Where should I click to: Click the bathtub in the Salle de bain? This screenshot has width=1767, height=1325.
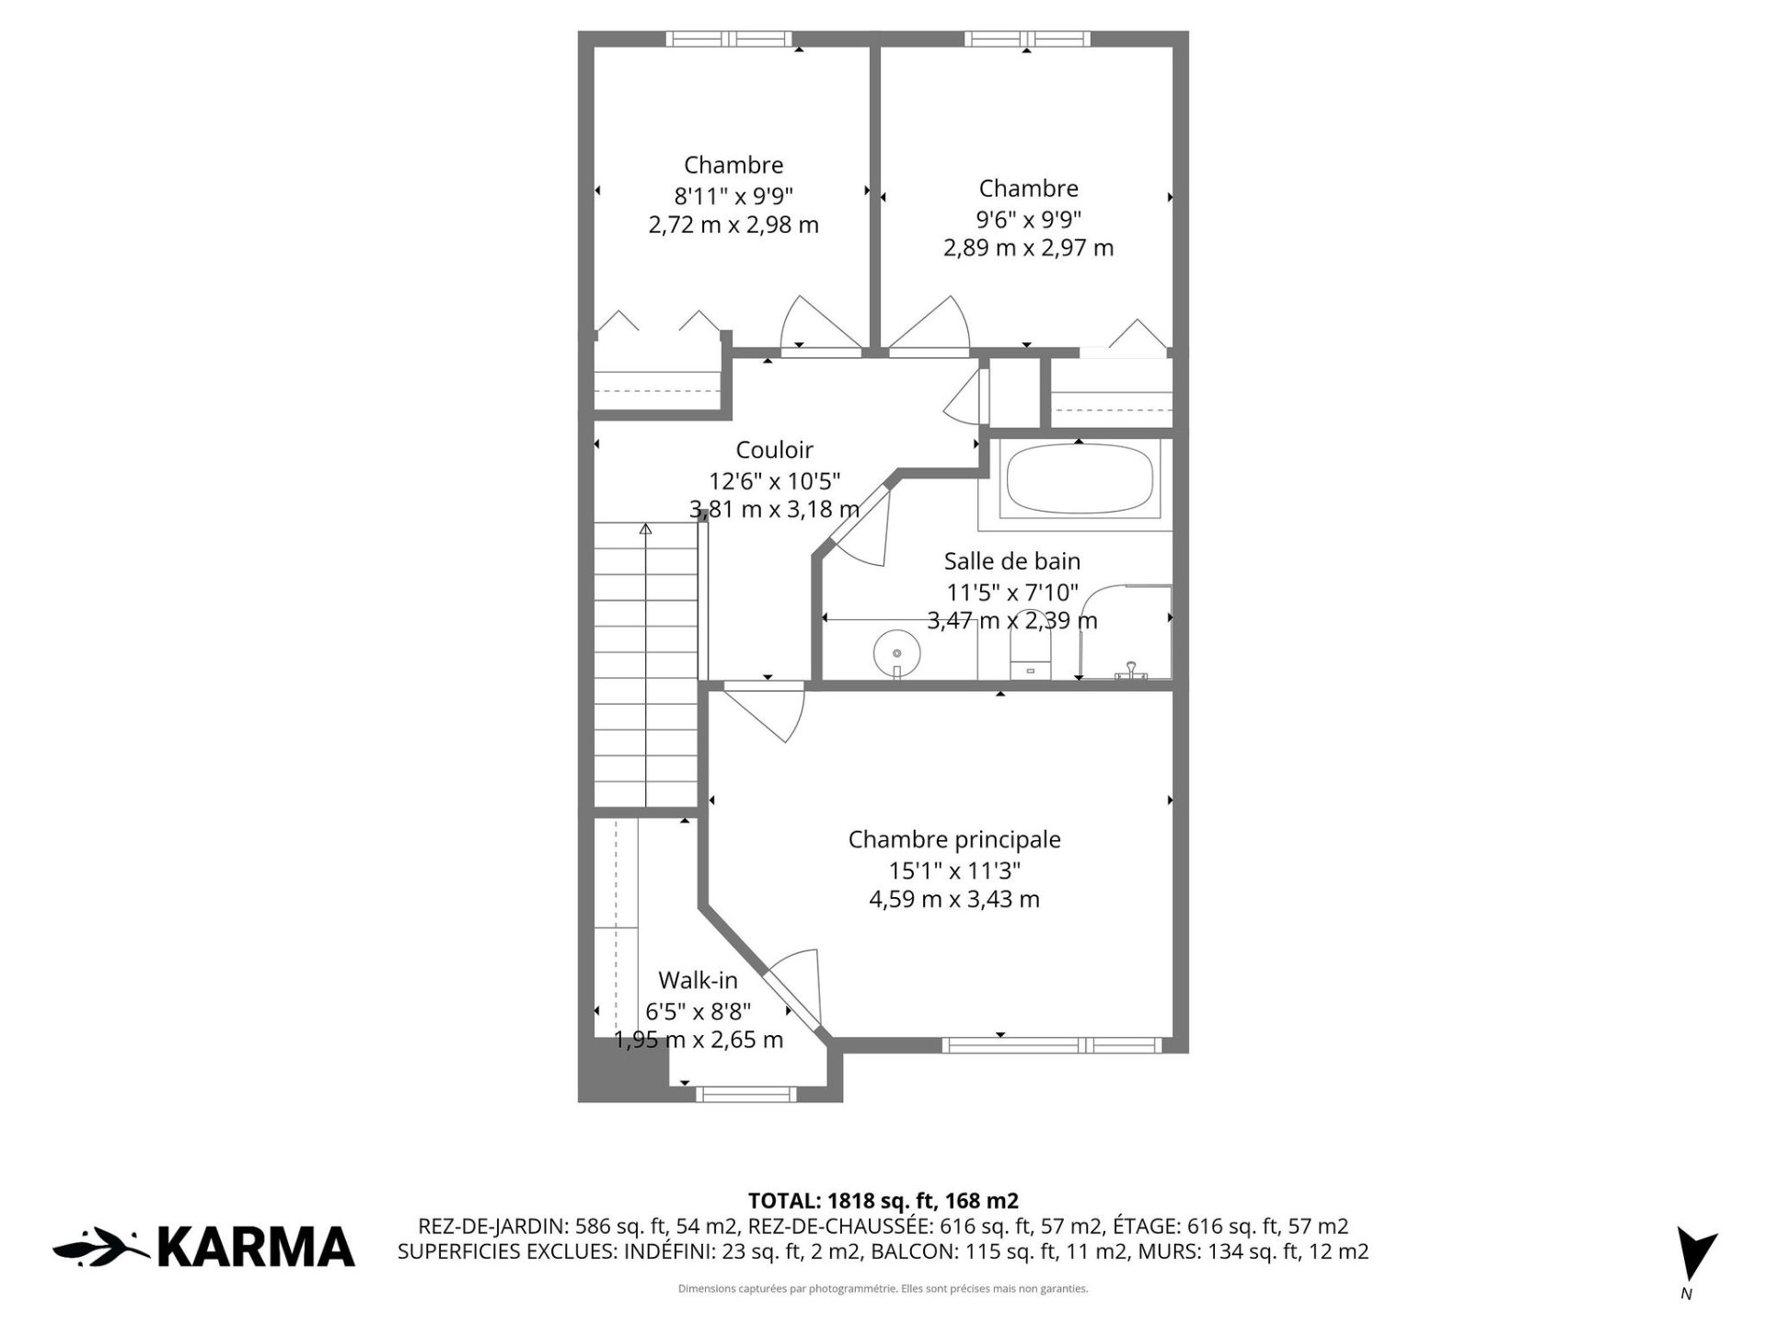(1078, 483)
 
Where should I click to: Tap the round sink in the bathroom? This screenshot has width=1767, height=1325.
(896, 653)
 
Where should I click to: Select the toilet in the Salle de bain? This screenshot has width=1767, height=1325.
(1030, 653)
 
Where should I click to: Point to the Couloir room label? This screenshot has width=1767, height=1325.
(774, 450)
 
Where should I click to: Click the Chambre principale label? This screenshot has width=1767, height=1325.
(954, 840)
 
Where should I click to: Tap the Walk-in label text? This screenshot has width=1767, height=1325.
(698, 981)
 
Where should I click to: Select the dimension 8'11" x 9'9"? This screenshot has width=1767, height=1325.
(733, 195)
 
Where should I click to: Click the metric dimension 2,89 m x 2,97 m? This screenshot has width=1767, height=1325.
(1028, 248)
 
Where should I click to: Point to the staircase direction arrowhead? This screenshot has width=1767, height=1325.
(645, 529)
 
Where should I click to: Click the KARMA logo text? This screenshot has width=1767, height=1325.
(257, 1247)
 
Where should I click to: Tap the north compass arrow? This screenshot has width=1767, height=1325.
(1696, 1253)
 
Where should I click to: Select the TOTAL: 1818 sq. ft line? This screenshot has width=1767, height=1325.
(883, 1201)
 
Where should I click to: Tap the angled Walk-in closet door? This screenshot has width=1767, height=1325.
(793, 989)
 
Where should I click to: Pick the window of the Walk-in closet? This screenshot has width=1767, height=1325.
(745, 1095)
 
